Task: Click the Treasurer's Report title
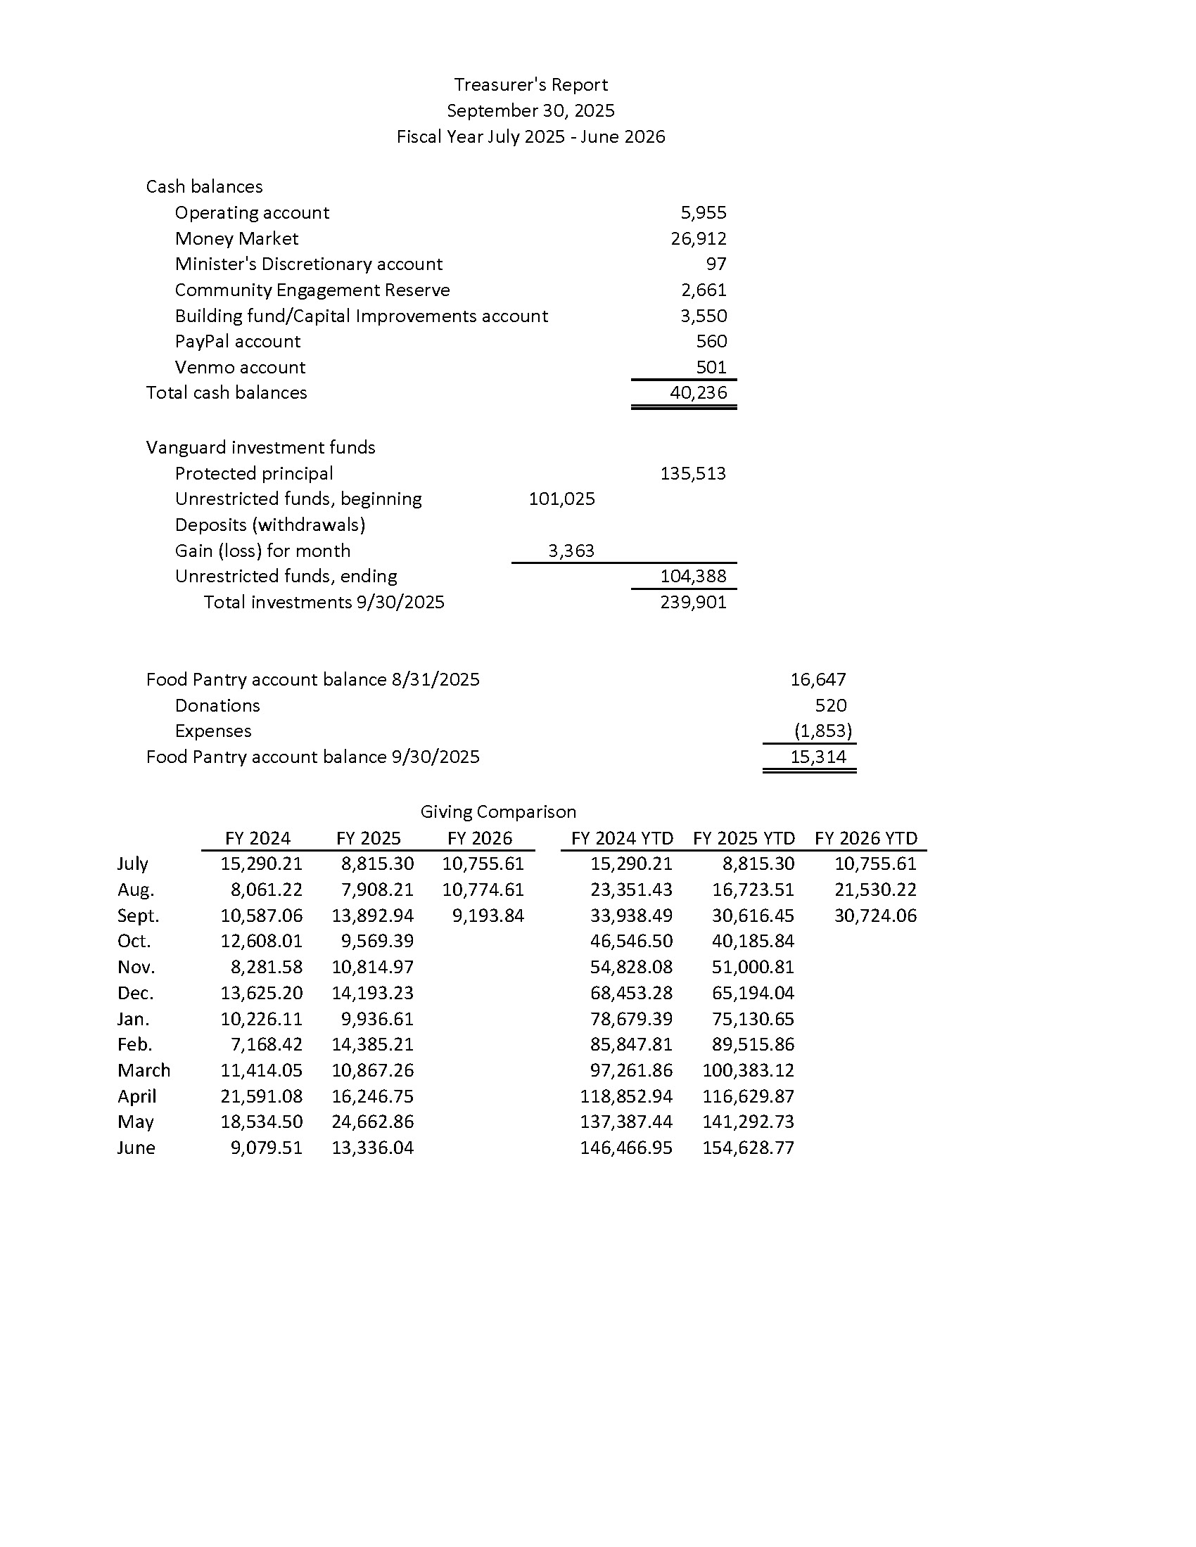[530, 85]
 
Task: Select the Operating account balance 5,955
[703, 213]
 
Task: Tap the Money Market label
[236, 238]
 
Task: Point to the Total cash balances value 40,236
[698, 393]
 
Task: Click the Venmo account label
[239, 368]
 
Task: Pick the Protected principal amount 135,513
[693, 474]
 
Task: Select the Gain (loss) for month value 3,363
[571, 551]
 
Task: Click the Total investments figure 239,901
[693, 603]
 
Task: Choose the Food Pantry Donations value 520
[830, 706]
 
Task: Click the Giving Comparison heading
[498, 812]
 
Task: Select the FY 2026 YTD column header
[866, 839]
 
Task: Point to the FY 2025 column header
[369, 839]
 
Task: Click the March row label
[144, 1070]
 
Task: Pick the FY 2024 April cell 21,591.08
[262, 1096]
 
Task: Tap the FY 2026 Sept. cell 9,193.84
[488, 916]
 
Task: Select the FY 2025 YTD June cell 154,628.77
[749, 1148]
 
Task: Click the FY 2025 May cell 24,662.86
[373, 1122]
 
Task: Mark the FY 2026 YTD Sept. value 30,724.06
[875, 916]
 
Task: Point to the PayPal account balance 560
[711, 342]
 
